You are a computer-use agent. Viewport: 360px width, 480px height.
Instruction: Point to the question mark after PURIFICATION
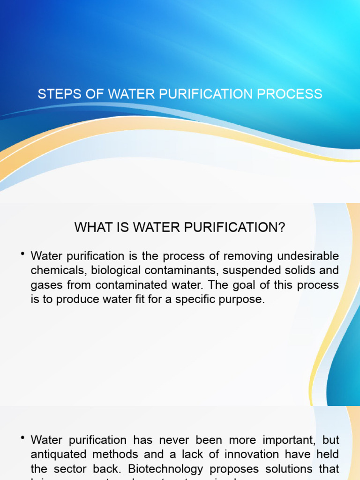pyautogui.click(x=281, y=228)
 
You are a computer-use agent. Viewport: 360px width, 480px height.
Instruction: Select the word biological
pyautogui.click(x=116, y=271)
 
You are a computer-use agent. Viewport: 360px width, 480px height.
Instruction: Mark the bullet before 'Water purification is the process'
pyautogui.click(x=22, y=254)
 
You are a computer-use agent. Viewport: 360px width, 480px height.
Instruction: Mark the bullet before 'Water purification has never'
pyautogui.click(x=22, y=438)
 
